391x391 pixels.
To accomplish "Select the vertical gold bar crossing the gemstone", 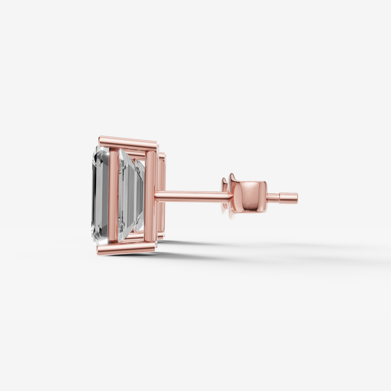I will point(113,195).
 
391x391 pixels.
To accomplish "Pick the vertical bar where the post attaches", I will point(150,195).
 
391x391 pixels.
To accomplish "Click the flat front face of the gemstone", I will point(100,195).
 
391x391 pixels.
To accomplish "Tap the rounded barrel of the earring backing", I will point(250,196).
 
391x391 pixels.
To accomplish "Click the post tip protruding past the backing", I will point(289,198).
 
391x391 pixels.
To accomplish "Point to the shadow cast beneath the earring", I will point(235,254).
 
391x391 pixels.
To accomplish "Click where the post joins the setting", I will point(156,195).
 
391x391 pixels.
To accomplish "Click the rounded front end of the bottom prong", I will point(99,249).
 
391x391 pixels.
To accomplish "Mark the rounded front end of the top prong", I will point(100,140).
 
